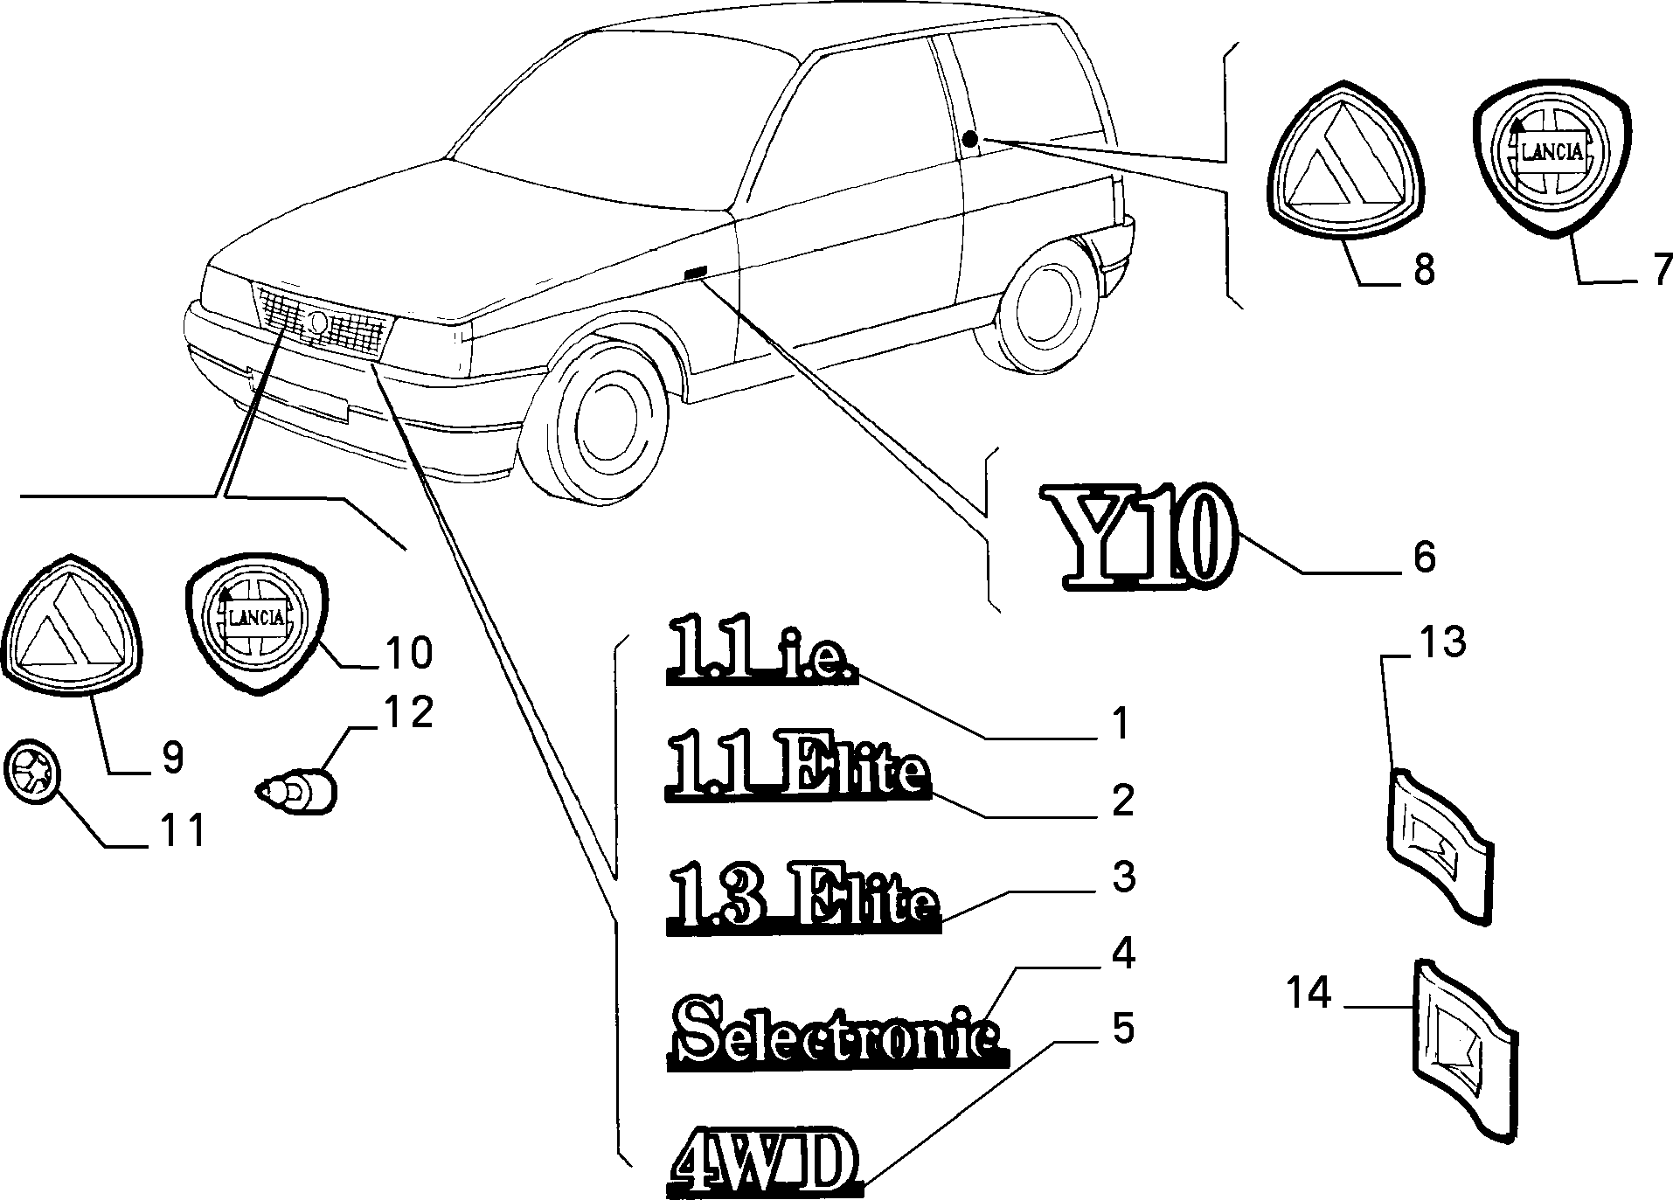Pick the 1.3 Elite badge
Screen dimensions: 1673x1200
coord(803,897)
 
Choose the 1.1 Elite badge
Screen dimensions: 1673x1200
coord(797,766)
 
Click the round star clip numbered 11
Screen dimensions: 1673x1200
coord(33,773)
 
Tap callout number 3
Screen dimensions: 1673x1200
coord(1122,877)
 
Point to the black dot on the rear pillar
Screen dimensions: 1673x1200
coord(970,140)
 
